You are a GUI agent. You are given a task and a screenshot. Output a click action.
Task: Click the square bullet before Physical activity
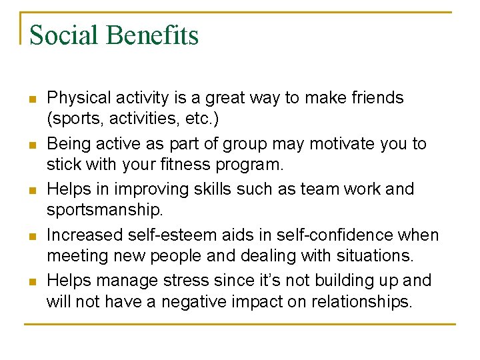click(x=31, y=99)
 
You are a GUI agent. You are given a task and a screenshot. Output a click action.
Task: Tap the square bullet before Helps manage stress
click(x=31, y=281)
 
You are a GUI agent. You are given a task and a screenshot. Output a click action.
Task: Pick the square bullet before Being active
click(x=31, y=144)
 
